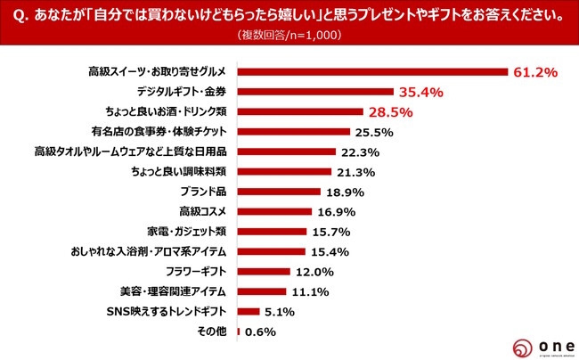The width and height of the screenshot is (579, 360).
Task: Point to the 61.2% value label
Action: point(535,71)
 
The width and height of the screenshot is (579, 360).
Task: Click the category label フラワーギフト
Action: point(195,271)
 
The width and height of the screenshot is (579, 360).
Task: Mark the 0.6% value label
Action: point(261,331)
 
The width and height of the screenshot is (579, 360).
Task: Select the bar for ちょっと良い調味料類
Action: point(284,172)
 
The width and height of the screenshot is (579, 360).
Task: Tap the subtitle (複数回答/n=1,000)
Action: point(289,36)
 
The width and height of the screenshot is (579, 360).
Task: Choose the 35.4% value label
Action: point(420,91)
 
